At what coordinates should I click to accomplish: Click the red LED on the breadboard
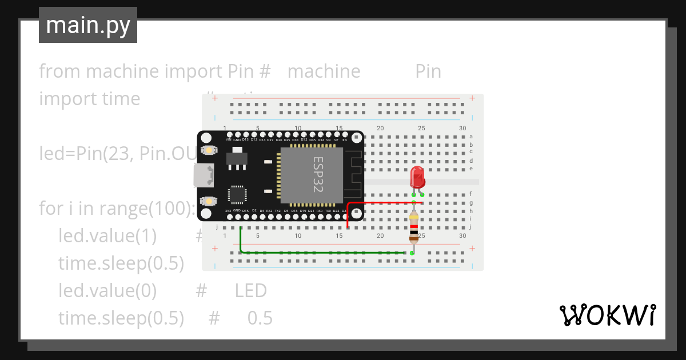pos(418,177)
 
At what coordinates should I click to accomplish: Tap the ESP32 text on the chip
pos(318,174)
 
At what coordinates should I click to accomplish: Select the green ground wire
pos(320,252)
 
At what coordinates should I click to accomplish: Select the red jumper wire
pos(383,203)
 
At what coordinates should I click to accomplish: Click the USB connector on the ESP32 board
pos(204,175)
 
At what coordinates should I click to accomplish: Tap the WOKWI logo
pos(607,315)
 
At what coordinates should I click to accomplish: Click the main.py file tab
pos(88,25)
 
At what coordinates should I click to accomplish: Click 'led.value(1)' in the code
pos(107,235)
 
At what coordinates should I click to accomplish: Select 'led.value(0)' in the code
pos(107,290)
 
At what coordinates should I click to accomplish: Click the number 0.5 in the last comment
pos(260,318)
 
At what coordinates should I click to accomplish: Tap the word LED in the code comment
pos(251,290)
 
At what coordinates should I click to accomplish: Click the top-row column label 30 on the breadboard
pos(462,128)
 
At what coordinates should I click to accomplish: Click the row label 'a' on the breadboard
pos(471,136)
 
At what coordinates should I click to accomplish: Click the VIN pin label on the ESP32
pos(229,139)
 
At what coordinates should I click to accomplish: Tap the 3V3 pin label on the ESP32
pos(228,211)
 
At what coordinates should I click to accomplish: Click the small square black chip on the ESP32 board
pos(237,194)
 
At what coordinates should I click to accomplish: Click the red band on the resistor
pos(413,226)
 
